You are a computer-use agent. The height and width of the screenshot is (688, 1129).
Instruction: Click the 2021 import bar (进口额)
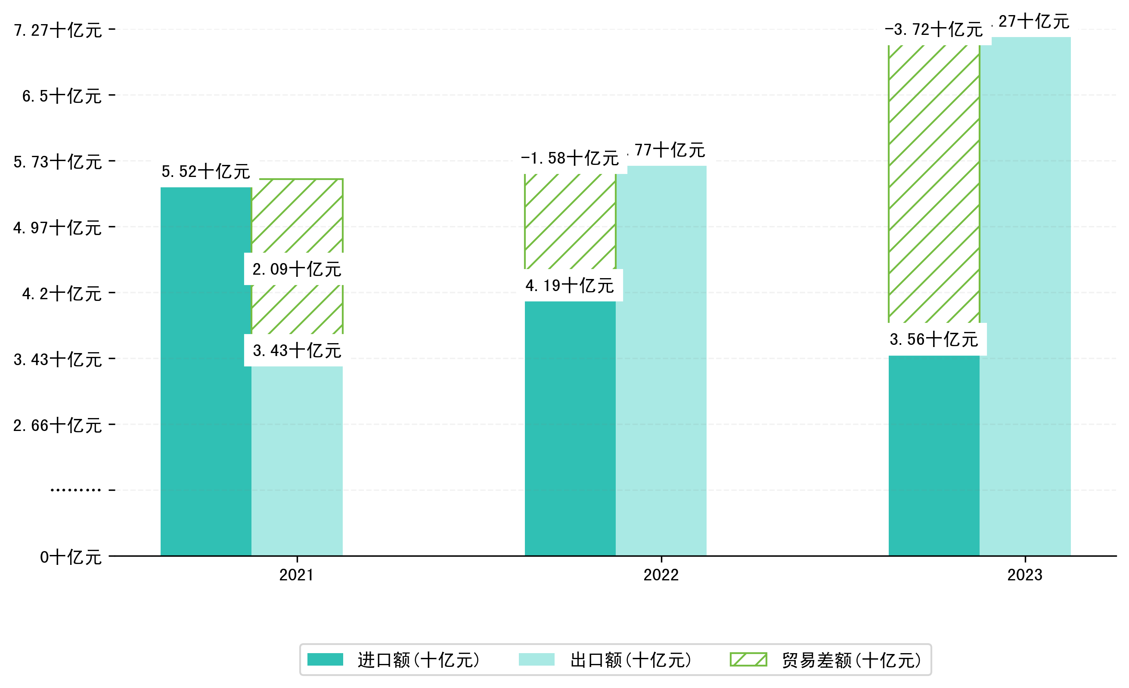[x=206, y=371]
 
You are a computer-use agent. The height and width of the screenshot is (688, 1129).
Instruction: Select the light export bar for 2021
[x=297, y=460]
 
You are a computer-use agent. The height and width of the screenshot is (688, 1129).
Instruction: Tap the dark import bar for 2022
[x=570, y=428]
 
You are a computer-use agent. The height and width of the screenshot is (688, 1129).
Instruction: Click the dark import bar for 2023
[x=934, y=456]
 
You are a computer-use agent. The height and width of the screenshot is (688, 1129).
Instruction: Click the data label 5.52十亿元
[x=206, y=171]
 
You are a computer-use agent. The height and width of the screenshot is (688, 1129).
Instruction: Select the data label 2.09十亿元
[x=296, y=269]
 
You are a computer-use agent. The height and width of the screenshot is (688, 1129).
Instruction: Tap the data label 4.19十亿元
[x=570, y=285]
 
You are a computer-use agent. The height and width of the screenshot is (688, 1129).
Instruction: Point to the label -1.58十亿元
[x=570, y=158]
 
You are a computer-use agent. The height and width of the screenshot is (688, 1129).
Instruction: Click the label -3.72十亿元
[x=934, y=29]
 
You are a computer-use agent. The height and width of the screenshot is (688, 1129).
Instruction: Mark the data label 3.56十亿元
[x=934, y=339]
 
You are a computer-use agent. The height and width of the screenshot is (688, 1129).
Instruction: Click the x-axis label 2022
[x=661, y=575]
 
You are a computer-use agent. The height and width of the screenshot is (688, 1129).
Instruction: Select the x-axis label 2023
[x=1024, y=575]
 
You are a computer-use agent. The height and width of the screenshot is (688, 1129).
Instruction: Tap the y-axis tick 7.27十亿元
[x=58, y=30]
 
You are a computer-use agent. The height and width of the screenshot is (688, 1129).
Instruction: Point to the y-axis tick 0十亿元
[x=71, y=558]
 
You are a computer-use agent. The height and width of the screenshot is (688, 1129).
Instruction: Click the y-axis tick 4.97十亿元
[x=57, y=228]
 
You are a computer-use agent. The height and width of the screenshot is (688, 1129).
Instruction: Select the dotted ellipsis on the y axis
[x=76, y=490]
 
